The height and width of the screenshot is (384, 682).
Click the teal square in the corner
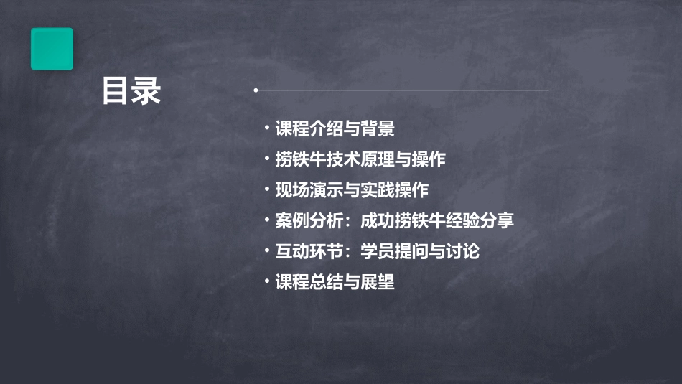(x=52, y=49)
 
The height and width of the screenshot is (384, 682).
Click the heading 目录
(x=131, y=91)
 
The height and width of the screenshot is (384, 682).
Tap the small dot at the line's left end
(x=256, y=90)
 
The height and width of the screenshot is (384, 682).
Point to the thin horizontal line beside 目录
(x=402, y=90)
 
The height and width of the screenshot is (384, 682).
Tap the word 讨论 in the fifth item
(x=463, y=252)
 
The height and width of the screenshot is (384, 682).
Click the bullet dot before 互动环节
(x=267, y=250)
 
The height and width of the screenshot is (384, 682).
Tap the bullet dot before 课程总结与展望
(x=267, y=281)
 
